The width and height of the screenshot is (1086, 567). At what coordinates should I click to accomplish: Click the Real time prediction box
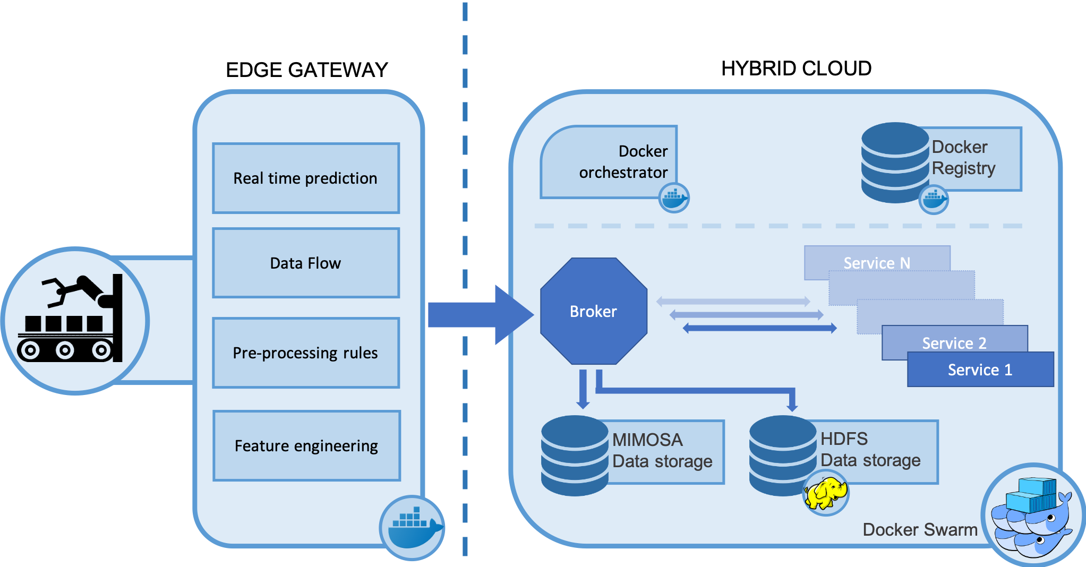(306, 178)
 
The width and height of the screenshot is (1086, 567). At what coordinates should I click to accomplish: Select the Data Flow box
(306, 263)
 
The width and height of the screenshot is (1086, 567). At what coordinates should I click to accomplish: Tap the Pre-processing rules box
(306, 353)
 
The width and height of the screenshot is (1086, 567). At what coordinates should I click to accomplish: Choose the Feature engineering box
(306, 446)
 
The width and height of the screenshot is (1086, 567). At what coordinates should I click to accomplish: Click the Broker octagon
(593, 311)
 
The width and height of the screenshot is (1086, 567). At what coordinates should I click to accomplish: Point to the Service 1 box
(980, 370)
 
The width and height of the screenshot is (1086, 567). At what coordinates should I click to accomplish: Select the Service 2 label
(954, 343)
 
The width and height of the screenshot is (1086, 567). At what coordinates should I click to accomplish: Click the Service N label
(877, 263)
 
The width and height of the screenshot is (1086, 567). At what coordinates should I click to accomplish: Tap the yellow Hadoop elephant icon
(826, 493)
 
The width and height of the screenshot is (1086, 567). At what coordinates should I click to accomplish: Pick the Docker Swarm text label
(920, 529)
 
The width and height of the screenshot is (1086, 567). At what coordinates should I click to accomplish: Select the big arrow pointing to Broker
(478, 315)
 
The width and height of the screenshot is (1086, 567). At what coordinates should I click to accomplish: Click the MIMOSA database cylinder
(574, 456)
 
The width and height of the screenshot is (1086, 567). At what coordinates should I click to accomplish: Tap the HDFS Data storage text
(870, 450)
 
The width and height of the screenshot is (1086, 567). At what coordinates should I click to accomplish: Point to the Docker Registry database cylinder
(895, 162)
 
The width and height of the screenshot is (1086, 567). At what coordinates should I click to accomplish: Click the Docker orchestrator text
(623, 162)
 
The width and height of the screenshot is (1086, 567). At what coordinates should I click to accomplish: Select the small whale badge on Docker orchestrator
(674, 197)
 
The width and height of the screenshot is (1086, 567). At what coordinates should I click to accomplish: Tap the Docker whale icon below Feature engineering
(412, 527)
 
